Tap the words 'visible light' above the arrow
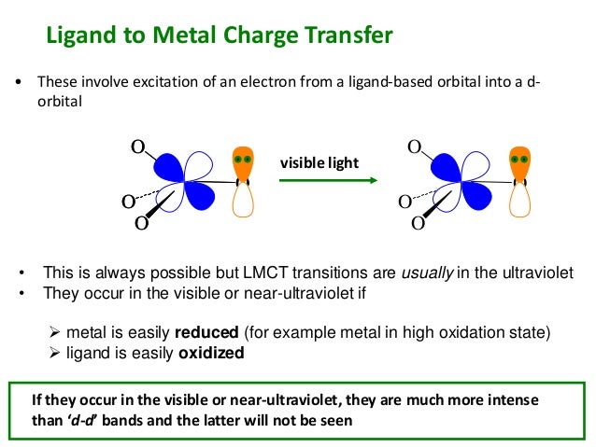click(319, 163)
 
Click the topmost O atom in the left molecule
click(137, 147)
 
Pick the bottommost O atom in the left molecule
click(141, 223)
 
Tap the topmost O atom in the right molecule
click(415, 147)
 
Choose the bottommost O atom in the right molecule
click(418, 223)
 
